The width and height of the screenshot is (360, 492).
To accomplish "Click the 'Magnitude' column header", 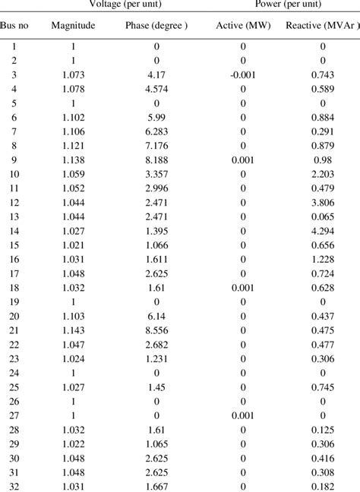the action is pos(73,26).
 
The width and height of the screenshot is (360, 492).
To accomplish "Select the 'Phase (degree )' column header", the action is pos(156,26).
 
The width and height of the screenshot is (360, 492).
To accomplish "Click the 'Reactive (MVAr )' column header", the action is pos(322,26).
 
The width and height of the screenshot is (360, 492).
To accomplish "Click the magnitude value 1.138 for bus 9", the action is pos(73,159).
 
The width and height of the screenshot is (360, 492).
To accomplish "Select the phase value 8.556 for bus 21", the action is pos(156,330).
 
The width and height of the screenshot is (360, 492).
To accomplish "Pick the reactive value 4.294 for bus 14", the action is pos(322,230).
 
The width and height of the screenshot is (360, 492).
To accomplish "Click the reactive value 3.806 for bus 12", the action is pos(322,202).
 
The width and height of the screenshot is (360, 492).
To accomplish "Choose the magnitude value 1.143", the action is pos(73,330).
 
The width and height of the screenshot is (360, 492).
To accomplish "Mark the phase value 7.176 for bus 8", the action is pos(156,145).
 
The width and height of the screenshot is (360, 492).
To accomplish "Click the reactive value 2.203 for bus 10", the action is pos(322,174).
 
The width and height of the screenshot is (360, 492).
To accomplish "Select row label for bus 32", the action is pos(15,485).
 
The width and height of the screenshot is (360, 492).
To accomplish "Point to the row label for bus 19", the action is pos(15,301).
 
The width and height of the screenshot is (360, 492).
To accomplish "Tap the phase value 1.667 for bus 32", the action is pos(156,485).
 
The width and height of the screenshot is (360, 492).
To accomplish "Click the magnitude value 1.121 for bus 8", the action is pos(73,145).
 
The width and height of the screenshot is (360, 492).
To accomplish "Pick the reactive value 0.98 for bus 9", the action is pos(322,159).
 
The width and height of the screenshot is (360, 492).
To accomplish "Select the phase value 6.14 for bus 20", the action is pos(156,315).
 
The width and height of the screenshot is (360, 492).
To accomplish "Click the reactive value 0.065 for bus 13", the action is pos(322,216).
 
